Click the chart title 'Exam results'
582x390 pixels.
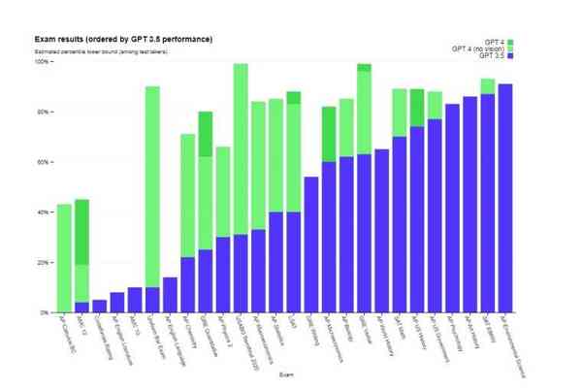(123, 39)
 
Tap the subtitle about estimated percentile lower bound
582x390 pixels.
(101, 50)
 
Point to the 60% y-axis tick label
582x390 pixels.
(43, 162)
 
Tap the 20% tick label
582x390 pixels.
(43, 262)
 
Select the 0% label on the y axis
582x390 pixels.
(45, 312)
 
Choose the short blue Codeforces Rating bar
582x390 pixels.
(100, 307)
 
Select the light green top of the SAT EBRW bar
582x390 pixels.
(488, 86)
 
